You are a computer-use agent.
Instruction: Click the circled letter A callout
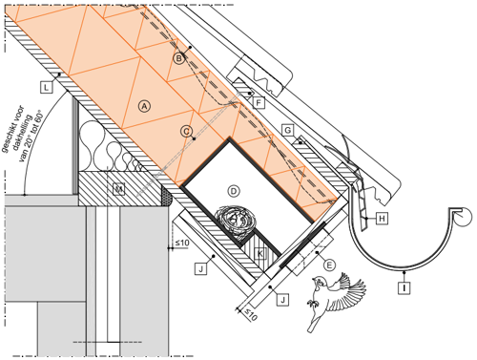(x=144, y=106)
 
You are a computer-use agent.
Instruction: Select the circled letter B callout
(x=179, y=58)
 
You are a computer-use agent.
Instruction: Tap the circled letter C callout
(x=186, y=131)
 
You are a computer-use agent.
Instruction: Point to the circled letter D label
(x=234, y=191)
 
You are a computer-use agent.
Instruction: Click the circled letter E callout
(x=329, y=265)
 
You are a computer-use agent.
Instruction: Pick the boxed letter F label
(x=259, y=102)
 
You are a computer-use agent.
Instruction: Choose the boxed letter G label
(x=288, y=130)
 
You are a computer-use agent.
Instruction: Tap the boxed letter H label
(x=382, y=219)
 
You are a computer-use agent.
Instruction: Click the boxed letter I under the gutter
(x=404, y=287)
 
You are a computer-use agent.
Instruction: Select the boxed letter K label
(x=259, y=254)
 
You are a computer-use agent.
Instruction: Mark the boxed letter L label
(x=47, y=87)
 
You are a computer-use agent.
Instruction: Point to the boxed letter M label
(x=119, y=189)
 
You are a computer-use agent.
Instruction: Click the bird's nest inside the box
(x=236, y=222)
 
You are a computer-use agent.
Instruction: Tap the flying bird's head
(x=319, y=282)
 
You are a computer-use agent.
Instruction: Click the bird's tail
(x=314, y=322)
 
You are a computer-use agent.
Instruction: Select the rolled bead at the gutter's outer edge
(x=463, y=217)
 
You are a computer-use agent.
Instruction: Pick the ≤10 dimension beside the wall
(x=182, y=243)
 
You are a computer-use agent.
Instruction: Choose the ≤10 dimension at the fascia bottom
(x=250, y=315)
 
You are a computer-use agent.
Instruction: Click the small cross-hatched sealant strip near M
(x=167, y=196)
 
